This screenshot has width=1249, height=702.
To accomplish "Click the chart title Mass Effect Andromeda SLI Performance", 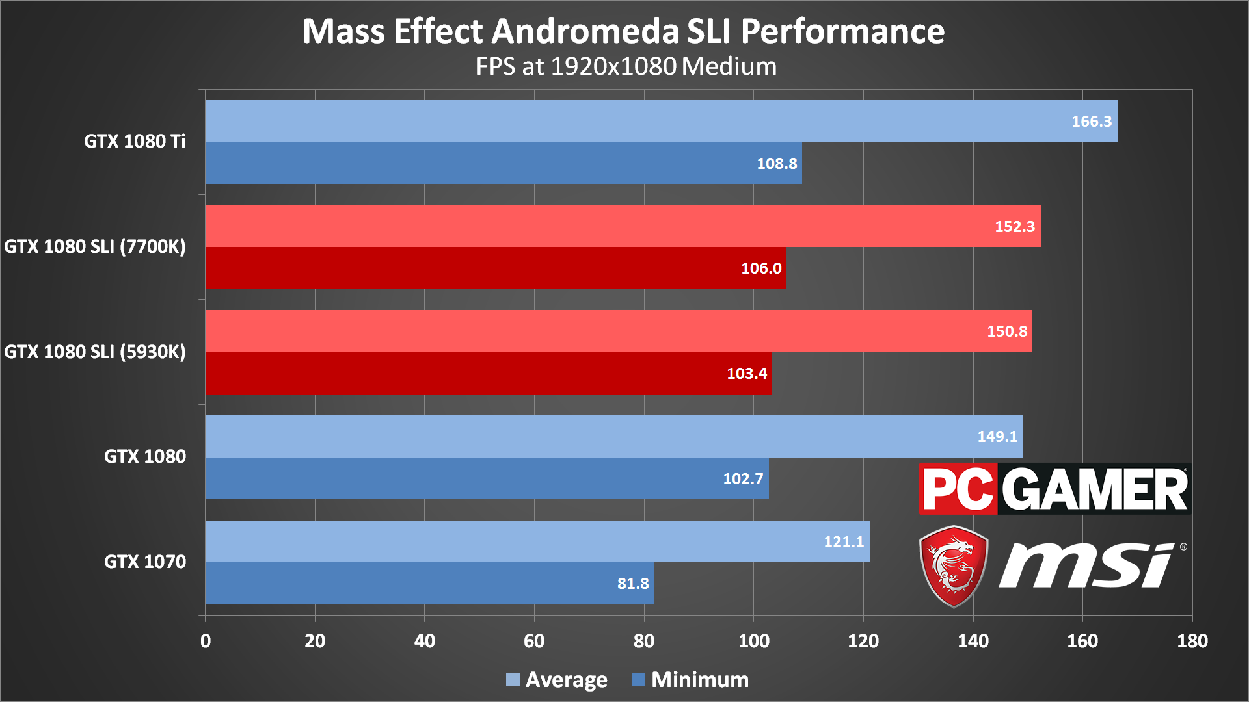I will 623,31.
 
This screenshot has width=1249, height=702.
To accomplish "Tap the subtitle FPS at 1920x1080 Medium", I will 626,66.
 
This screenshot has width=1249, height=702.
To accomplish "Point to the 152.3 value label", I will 1014,226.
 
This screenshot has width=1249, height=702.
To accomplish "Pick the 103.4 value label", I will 747,373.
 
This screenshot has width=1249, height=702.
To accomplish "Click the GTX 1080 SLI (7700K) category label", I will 95,246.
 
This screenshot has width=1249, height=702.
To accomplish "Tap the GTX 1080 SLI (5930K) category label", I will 95,352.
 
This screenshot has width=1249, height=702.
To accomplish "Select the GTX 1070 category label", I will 145,562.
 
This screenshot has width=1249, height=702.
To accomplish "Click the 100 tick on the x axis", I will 753,641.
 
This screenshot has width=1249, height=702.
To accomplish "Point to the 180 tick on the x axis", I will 1192,641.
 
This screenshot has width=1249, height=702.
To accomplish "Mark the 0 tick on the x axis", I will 206,641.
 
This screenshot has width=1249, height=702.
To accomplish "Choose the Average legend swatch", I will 513,680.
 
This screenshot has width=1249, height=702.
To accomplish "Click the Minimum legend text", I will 700,680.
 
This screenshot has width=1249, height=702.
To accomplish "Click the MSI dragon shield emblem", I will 954,566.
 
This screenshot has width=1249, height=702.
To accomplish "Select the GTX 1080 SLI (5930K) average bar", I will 618,331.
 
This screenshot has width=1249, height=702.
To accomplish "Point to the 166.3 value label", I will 1092,122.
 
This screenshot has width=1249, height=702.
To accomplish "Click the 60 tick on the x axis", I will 534,641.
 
